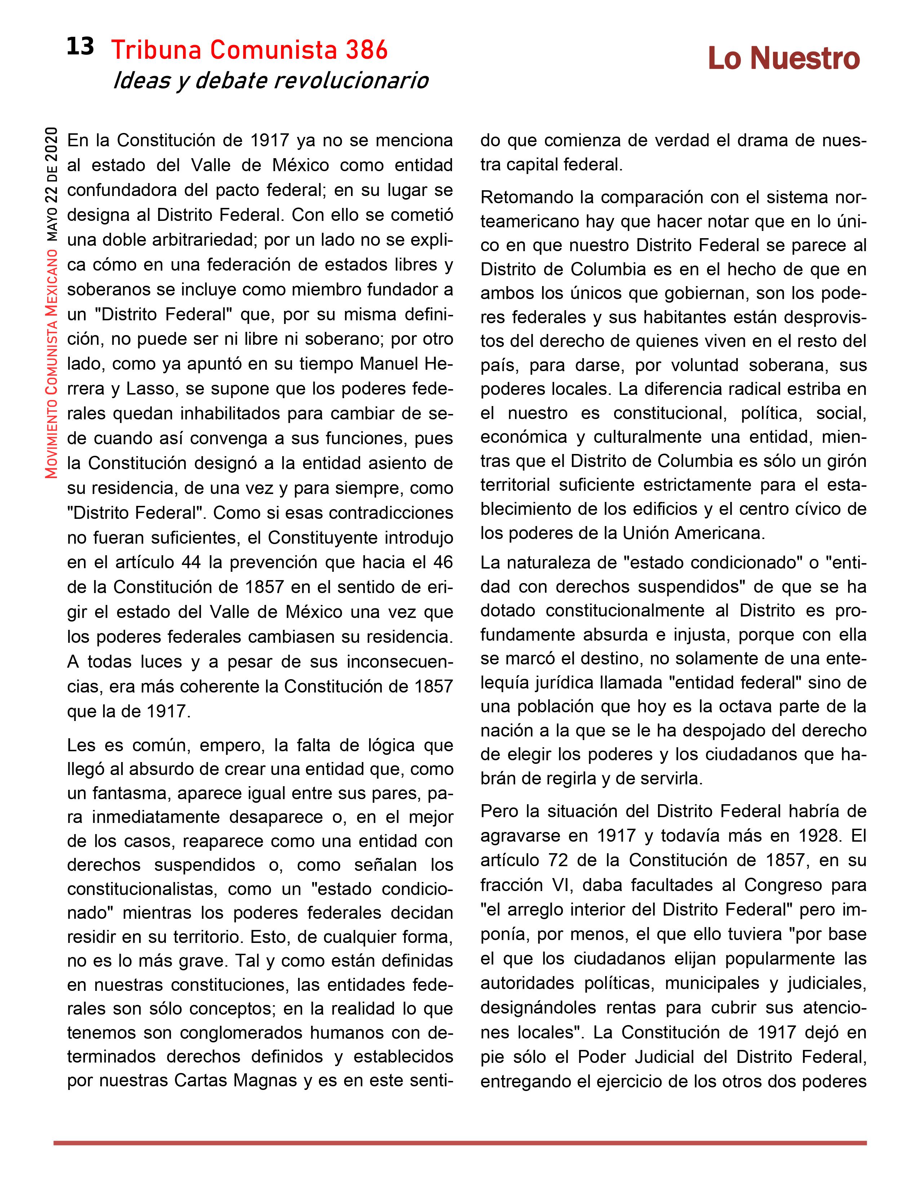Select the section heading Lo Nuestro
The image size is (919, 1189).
783,58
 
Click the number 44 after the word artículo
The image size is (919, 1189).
191,562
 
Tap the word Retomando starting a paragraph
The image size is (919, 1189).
522,197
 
